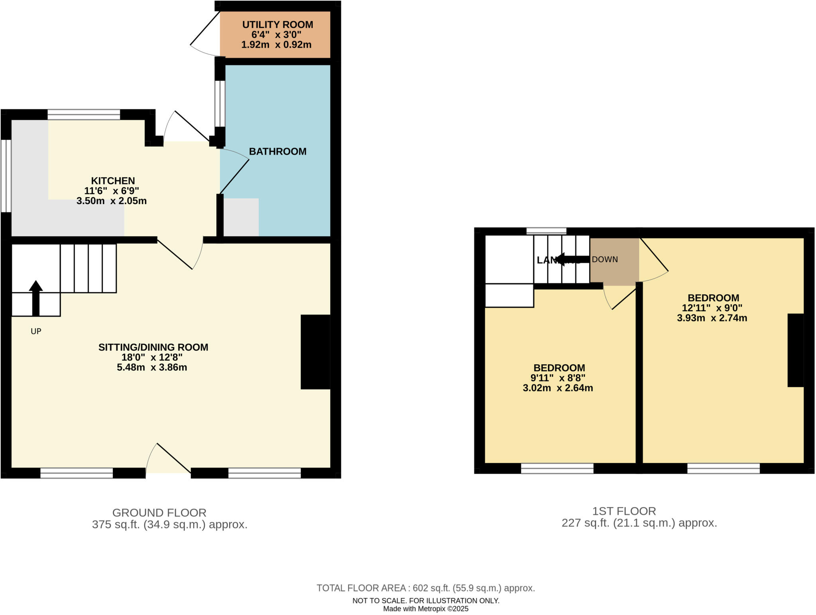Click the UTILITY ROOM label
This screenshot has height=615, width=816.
277,25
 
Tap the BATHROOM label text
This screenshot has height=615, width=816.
277,151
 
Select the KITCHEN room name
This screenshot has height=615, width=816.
113,181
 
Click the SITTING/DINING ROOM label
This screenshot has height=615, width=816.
153,347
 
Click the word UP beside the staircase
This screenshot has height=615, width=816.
36,331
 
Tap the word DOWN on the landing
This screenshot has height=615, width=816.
604,259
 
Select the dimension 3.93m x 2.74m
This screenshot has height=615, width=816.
712,318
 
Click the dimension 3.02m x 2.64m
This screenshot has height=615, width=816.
557,388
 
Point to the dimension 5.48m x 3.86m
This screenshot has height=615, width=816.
152,367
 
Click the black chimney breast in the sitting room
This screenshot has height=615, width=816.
315,352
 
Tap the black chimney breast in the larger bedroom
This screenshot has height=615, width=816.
795,350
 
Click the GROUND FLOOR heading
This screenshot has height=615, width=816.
159,513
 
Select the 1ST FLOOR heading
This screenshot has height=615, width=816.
624,511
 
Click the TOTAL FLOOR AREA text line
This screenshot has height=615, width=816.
426,588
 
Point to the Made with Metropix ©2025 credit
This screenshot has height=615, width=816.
426,609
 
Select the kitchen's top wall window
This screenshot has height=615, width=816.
84,115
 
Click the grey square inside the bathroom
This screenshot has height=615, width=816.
241,217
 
